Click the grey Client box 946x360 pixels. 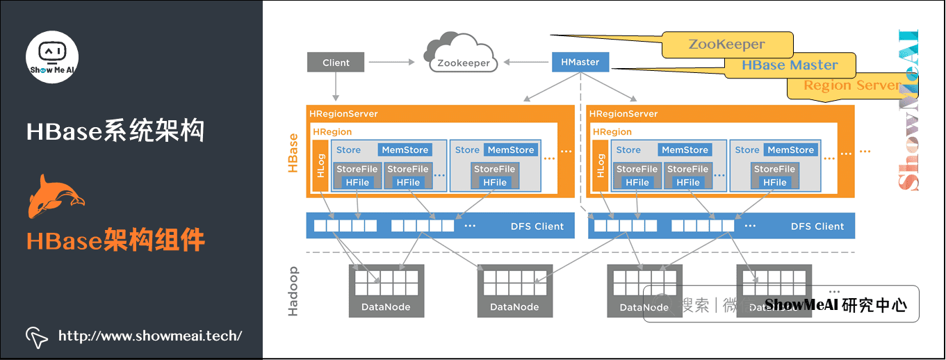point(336,63)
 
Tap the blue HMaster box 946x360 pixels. point(580,62)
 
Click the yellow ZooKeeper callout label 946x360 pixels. point(726,44)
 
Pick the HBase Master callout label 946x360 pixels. point(790,65)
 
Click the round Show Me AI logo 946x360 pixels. point(52,56)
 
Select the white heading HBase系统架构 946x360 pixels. point(115,131)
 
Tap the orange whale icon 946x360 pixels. point(54,196)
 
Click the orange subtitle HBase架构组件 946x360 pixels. point(115,240)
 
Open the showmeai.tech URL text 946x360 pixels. point(150,336)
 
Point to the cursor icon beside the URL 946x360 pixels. point(36,337)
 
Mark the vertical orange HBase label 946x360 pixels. point(293,153)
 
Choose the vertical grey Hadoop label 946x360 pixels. point(293,291)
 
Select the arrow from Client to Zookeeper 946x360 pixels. point(393,63)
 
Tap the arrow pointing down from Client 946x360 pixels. point(336,86)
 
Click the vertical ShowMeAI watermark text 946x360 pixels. point(908,111)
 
